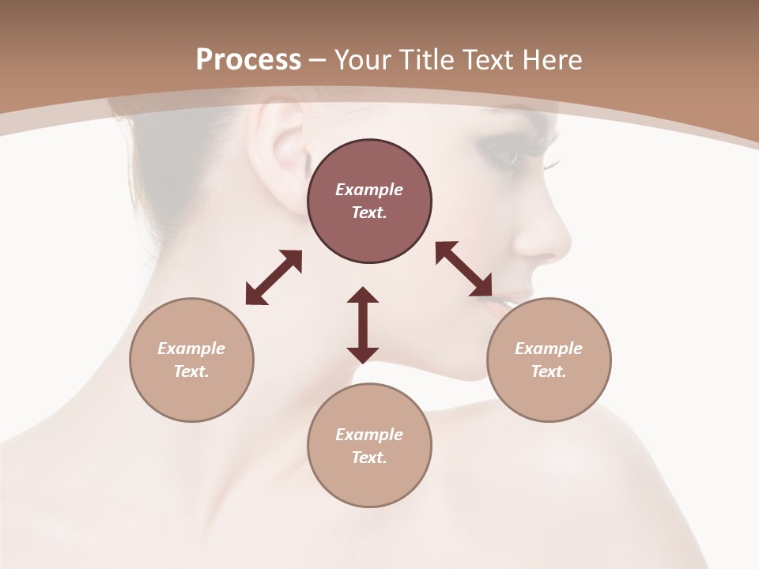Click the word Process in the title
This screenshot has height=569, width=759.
(248, 59)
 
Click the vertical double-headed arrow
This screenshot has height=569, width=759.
(363, 325)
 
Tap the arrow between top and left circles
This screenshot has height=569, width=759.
(274, 277)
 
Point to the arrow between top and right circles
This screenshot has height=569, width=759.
(464, 269)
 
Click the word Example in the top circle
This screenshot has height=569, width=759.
(369, 190)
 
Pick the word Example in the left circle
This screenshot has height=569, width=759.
(191, 349)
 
